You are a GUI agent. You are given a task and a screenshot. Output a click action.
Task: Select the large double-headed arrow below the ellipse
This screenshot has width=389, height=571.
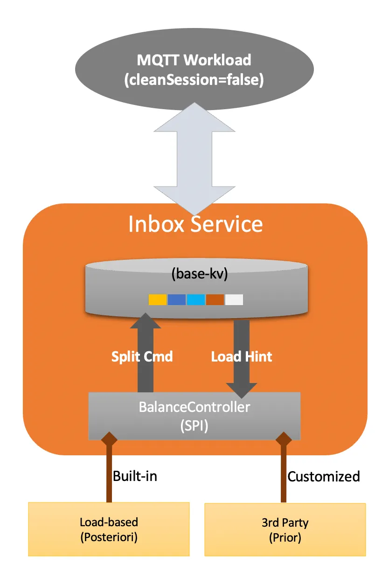click(x=194, y=159)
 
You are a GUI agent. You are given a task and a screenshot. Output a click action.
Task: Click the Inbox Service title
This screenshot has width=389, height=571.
click(x=195, y=224)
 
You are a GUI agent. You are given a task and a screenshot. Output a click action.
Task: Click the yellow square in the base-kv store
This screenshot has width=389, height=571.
click(x=157, y=299)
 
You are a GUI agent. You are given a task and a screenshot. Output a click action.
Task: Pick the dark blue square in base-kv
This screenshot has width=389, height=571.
click(x=176, y=299)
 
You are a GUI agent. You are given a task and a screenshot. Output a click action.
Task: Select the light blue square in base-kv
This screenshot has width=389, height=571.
click(x=196, y=299)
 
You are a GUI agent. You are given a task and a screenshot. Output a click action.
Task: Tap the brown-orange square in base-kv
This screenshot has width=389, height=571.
click(x=215, y=299)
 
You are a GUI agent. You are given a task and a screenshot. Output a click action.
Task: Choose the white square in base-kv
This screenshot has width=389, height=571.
click(x=234, y=299)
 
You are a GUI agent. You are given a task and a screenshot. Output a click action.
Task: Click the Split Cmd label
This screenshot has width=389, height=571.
click(x=142, y=357)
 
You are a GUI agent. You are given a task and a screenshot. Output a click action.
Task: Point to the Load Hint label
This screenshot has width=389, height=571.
click(x=242, y=357)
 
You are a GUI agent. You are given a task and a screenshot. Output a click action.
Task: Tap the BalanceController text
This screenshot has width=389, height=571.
click(x=194, y=407)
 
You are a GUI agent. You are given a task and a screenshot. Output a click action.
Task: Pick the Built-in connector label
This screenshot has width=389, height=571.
click(x=135, y=476)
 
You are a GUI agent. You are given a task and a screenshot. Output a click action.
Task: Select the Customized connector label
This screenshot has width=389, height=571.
click(x=324, y=476)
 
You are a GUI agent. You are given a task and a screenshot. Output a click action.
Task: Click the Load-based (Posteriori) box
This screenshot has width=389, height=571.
click(x=109, y=529)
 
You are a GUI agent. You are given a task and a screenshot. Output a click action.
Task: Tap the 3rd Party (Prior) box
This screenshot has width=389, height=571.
click(x=285, y=529)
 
